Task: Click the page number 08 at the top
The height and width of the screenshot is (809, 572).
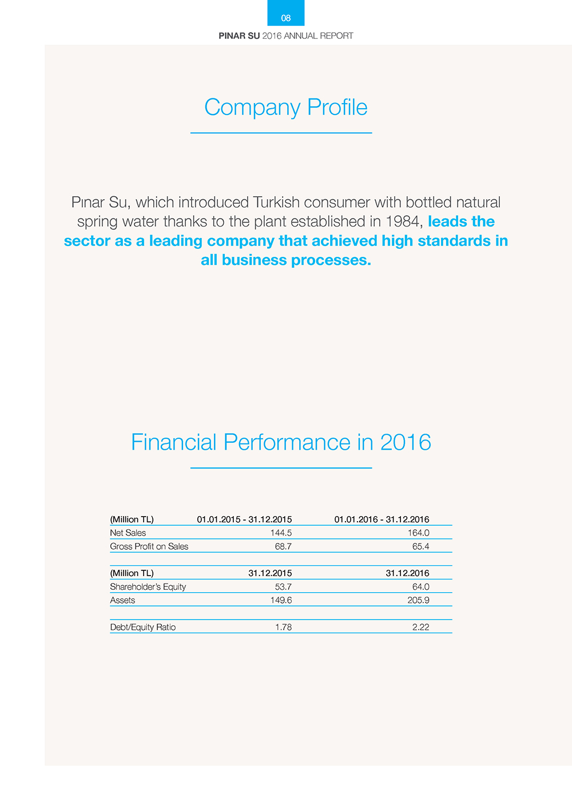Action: [x=286, y=18]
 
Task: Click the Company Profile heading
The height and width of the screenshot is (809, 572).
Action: [x=285, y=108]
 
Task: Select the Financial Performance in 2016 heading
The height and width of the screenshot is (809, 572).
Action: [x=281, y=442]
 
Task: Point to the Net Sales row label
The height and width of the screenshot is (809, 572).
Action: [x=128, y=533]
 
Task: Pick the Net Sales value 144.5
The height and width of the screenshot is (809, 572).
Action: [x=281, y=533]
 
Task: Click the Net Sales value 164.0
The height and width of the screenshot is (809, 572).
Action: [x=418, y=533]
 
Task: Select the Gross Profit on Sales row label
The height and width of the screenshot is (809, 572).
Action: [x=149, y=546]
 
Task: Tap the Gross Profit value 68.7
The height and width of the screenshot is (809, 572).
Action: [x=283, y=546]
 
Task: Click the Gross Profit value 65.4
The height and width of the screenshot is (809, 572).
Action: [x=420, y=546]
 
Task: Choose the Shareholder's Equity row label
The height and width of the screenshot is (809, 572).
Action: [x=148, y=587]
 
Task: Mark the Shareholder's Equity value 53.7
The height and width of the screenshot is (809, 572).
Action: [x=283, y=587]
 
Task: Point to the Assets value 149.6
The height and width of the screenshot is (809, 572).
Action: [x=281, y=600]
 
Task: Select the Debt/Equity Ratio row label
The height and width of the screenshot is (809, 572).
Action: [x=142, y=628]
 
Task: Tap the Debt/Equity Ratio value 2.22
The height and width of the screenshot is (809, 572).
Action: [x=420, y=628]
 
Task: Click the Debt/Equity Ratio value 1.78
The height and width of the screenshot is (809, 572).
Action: [x=283, y=628]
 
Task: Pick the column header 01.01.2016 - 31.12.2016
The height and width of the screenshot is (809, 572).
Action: [x=382, y=519]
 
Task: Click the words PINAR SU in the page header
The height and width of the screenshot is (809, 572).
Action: [x=239, y=35]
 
